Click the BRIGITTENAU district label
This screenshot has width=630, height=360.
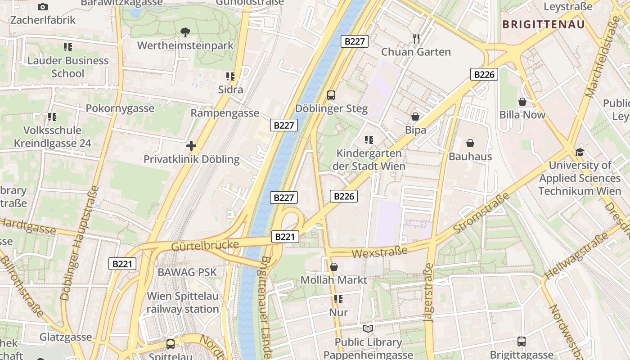click(x=543, y=24)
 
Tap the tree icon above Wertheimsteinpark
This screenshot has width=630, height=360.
click(x=185, y=32)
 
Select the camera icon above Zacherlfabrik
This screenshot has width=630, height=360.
click(x=43, y=7)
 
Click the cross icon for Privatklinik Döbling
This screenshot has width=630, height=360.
click(x=191, y=146)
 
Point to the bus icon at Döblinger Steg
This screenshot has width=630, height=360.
click(x=331, y=95)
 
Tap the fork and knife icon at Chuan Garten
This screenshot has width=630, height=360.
click(x=416, y=38)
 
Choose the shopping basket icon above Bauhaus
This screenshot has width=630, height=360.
click(x=470, y=143)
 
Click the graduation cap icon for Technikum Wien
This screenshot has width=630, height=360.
click(x=580, y=152)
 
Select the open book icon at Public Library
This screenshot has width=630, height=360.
click(x=368, y=328)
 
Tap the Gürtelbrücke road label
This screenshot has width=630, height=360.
click(x=205, y=246)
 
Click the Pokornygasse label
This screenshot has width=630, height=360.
click(x=120, y=108)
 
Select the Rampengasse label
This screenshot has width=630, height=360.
click(x=225, y=113)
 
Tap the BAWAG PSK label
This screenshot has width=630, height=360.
click(x=187, y=272)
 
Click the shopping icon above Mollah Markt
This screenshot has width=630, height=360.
click(x=334, y=267)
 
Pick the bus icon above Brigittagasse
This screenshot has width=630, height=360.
click(x=521, y=341)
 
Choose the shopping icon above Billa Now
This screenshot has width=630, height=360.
click(x=522, y=102)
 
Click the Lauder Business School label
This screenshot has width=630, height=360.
click(x=68, y=67)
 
